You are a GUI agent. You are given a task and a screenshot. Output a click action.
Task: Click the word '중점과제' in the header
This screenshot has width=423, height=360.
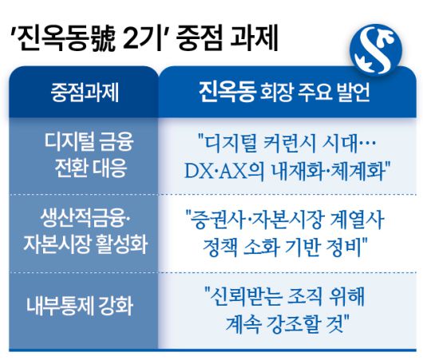(x=84, y=92)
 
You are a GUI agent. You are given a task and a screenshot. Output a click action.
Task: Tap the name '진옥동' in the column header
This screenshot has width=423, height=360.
(x=226, y=91)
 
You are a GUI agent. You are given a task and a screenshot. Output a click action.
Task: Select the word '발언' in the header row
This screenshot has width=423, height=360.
(x=353, y=92)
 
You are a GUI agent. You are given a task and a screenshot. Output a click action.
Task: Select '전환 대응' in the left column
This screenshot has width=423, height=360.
(x=84, y=168)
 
